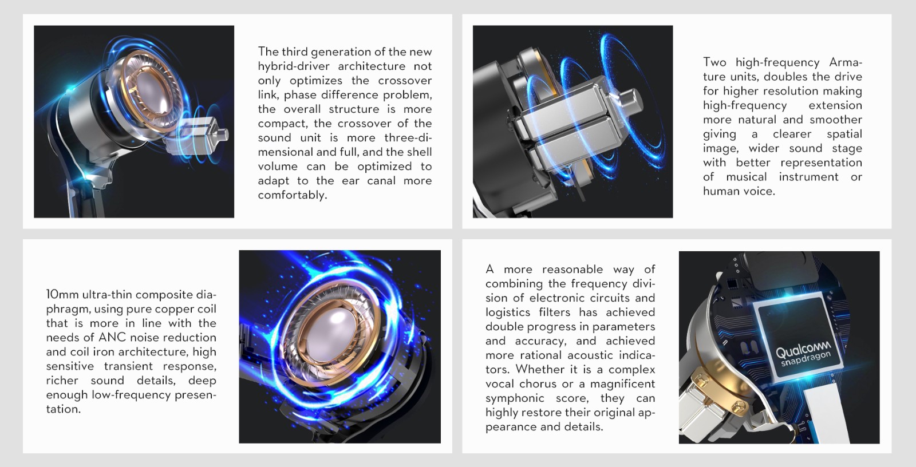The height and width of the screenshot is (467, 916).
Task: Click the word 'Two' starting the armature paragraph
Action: click(714, 62)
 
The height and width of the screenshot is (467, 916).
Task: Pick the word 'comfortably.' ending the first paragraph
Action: click(293, 195)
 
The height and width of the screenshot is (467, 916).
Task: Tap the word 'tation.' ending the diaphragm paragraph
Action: click(64, 409)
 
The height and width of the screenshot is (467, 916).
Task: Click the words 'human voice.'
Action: click(739, 191)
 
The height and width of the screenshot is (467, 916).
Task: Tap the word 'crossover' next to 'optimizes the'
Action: click(405, 81)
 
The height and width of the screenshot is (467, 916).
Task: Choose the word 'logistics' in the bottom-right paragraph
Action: click(507, 312)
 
